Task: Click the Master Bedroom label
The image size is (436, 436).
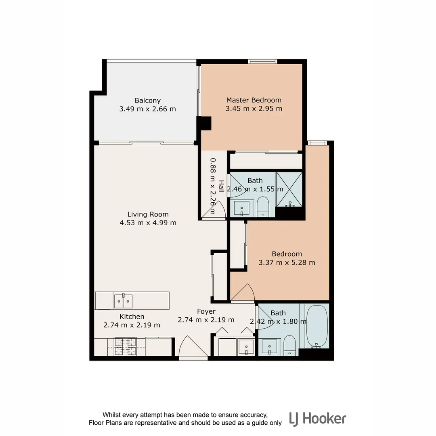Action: [x=254, y=100]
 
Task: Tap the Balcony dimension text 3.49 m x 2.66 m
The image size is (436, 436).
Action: [x=147, y=109]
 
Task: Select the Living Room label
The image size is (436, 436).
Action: [x=148, y=214]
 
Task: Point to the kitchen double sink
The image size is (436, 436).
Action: [x=123, y=301]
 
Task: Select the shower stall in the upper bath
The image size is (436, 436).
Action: [x=289, y=189]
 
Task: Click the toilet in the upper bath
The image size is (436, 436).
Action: [x=263, y=206]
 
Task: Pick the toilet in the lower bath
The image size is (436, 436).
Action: [x=289, y=346]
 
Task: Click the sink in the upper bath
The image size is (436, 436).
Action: [x=242, y=208]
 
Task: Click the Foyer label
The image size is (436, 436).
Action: [x=206, y=311]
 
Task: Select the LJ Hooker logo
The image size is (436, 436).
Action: [x=317, y=419]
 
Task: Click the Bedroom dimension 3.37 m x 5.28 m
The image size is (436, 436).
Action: [x=287, y=262]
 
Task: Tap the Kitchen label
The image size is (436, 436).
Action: [x=132, y=317]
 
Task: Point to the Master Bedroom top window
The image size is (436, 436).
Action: [x=262, y=61]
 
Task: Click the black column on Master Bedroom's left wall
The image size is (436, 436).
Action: [x=204, y=123]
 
